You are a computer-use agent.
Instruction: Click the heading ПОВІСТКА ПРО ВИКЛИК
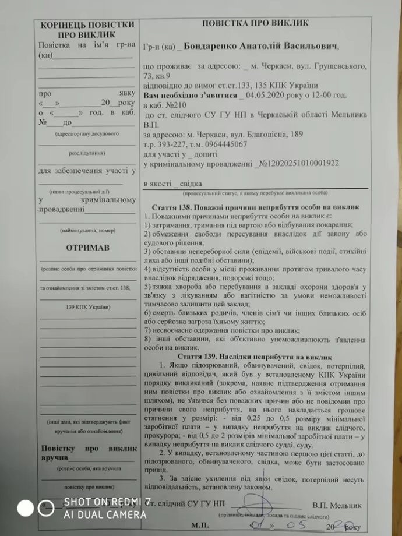tap(255, 23)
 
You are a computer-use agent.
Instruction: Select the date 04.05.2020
tap(266, 94)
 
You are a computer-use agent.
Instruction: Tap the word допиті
tap(203, 154)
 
